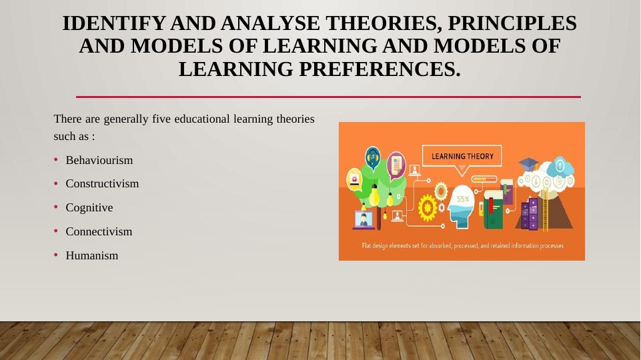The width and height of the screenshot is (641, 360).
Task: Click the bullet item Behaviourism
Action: tap(99, 160)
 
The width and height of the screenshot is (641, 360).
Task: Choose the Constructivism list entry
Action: tap(102, 183)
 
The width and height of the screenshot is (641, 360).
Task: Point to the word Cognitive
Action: tap(89, 207)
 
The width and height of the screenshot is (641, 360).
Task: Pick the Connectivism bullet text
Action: tap(99, 231)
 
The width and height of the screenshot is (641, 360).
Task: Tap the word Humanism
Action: tap(92, 255)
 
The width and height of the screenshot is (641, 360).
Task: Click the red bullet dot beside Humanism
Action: tap(56, 255)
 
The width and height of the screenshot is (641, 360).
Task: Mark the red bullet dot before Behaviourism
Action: tap(56, 159)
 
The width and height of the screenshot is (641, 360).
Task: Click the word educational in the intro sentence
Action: tap(202, 119)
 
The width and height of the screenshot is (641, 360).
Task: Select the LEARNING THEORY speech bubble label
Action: tap(462, 156)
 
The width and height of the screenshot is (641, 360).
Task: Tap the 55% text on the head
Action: tap(463, 199)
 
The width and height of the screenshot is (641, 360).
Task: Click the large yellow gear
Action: tap(428, 208)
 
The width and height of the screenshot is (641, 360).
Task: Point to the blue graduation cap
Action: tap(528, 164)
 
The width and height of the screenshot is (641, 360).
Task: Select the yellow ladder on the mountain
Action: tap(544, 210)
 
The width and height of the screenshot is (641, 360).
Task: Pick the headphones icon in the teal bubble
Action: tap(372, 157)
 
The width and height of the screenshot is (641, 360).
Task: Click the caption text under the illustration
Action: tap(462, 245)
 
